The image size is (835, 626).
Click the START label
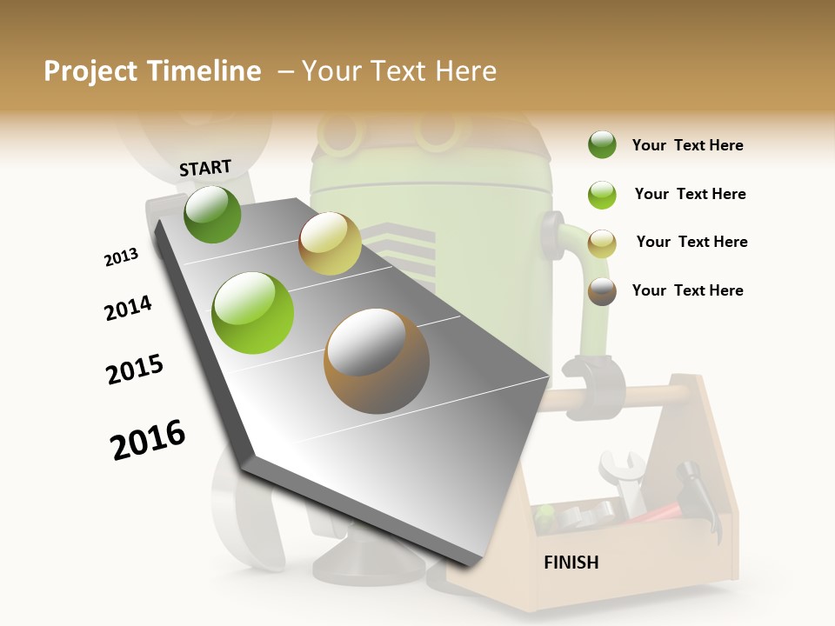205,168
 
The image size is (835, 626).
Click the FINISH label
571,563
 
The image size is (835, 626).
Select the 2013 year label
121,257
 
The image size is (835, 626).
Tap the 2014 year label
128,308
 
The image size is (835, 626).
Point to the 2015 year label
135,370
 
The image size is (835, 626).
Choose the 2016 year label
148,440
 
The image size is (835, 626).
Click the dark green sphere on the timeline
212,214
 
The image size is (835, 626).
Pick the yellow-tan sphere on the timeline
330,243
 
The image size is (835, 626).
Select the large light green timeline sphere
253,313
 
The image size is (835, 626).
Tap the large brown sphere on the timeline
377,361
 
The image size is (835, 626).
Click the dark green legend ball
602,145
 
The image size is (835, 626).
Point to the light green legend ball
602,195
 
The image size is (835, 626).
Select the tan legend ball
602,243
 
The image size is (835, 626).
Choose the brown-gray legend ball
602,291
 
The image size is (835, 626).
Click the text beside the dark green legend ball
687,145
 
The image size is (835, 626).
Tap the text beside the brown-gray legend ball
687,290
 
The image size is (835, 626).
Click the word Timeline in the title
204,71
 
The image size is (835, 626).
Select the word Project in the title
90,71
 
